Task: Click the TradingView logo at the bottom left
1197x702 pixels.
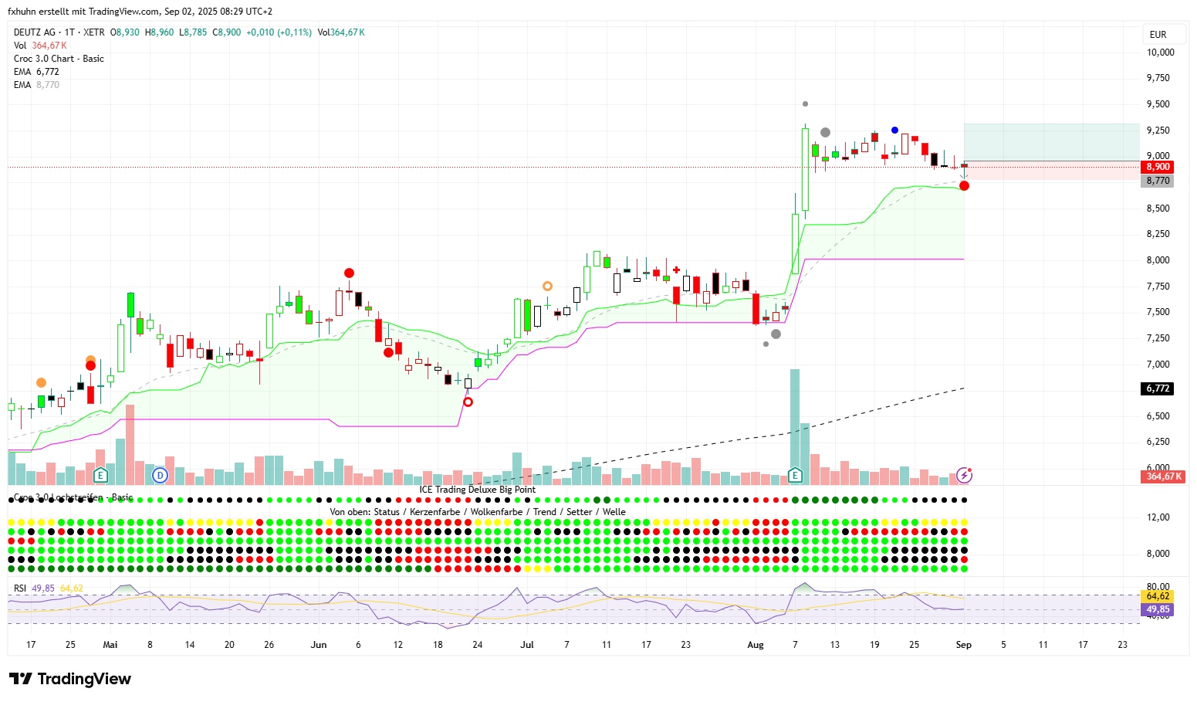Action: click(70, 679)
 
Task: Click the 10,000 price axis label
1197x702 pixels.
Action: click(1160, 53)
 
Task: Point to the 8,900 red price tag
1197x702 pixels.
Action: click(1158, 167)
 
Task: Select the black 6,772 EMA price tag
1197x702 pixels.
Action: click(1158, 388)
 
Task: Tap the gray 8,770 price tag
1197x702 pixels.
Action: click(1158, 181)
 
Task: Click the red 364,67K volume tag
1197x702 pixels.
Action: click(1163, 476)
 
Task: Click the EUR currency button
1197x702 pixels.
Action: click(1158, 34)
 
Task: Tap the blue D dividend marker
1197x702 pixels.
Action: click(160, 475)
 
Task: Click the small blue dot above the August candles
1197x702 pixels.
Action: click(894, 131)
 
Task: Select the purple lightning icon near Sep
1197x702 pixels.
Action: click(964, 475)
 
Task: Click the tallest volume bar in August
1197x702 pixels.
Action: click(795, 425)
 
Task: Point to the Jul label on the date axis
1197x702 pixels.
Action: click(527, 645)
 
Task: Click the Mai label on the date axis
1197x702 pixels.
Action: click(110, 645)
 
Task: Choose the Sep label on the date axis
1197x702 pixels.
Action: click(964, 645)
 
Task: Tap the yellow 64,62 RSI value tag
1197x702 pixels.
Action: click(1158, 596)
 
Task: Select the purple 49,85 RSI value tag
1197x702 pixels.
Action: click(1158, 609)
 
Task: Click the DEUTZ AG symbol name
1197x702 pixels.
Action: click(35, 32)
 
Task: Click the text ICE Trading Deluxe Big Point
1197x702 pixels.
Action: click(477, 490)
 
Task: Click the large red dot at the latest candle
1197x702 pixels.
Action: click(965, 185)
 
